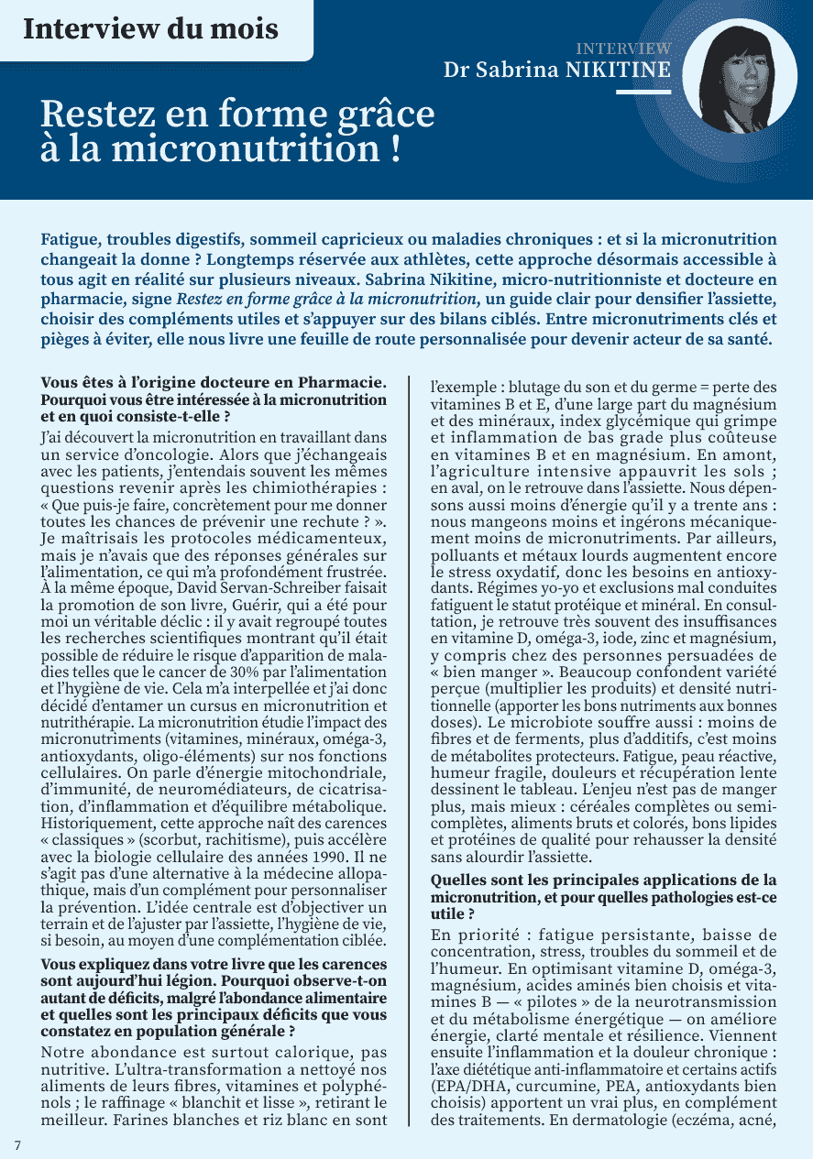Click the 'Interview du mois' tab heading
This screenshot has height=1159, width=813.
pos(150,28)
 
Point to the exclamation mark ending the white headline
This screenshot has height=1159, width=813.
pos(394,149)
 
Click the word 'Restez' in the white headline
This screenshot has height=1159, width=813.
pos(100,115)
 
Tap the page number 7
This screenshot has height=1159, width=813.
pos(17,1144)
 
